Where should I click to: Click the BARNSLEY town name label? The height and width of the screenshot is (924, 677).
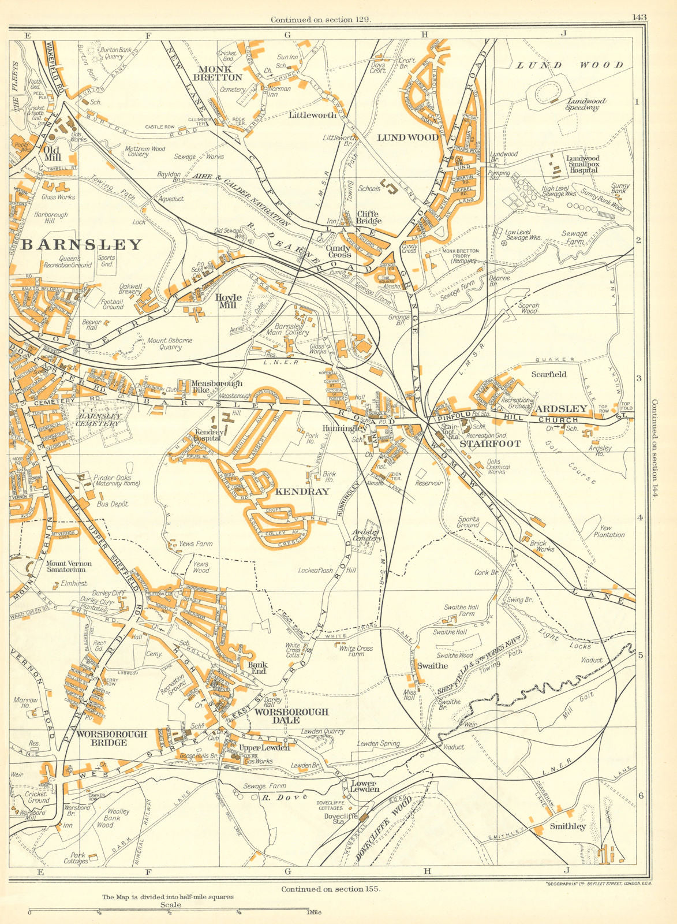[x=81, y=244]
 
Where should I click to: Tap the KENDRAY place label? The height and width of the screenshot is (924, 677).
[x=302, y=491]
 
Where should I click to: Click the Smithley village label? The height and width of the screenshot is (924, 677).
[x=568, y=826]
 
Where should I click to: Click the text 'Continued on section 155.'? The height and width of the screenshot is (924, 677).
[x=331, y=889]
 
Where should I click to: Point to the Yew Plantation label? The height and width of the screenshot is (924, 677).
[x=609, y=531]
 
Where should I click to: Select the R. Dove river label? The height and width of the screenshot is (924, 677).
[x=274, y=798]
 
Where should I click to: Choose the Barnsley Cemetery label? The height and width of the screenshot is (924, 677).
[x=100, y=419]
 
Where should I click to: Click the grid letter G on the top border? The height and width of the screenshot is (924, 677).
[x=287, y=35]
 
